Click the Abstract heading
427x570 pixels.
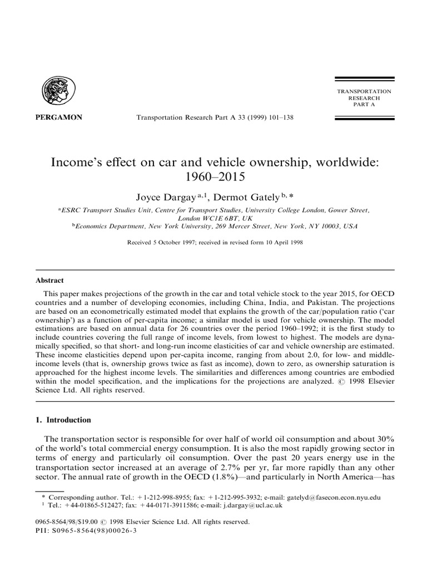(x=50, y=281)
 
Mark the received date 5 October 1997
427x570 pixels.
(x=171, y=243)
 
